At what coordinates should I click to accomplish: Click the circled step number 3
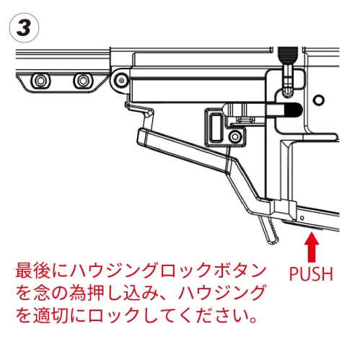[x=24, y=28]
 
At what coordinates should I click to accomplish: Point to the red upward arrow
[x=312, y=247]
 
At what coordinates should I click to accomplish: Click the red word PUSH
[x=311, y=273]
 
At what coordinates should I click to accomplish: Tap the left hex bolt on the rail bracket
[x=40, y=80]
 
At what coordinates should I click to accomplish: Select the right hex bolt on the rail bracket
[x=83, y=80]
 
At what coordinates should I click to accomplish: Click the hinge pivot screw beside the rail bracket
[x=120, y=79]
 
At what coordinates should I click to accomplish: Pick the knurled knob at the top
[x=288, y=54]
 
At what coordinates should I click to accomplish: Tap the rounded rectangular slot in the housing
[x=215, y=127]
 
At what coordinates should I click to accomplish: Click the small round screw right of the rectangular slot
[x=234, y=136]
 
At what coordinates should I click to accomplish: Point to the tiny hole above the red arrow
[x=302, y=218]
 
